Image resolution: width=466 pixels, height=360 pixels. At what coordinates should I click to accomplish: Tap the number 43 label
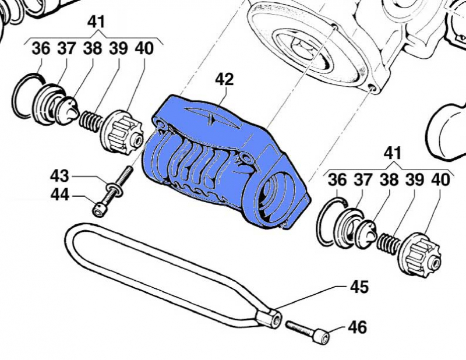click(x=59, y=175)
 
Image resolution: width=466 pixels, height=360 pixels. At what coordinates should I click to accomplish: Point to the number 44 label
click(x=59, y=196)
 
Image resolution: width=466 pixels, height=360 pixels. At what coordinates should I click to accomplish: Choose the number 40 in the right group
click(x=440, y=180)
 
